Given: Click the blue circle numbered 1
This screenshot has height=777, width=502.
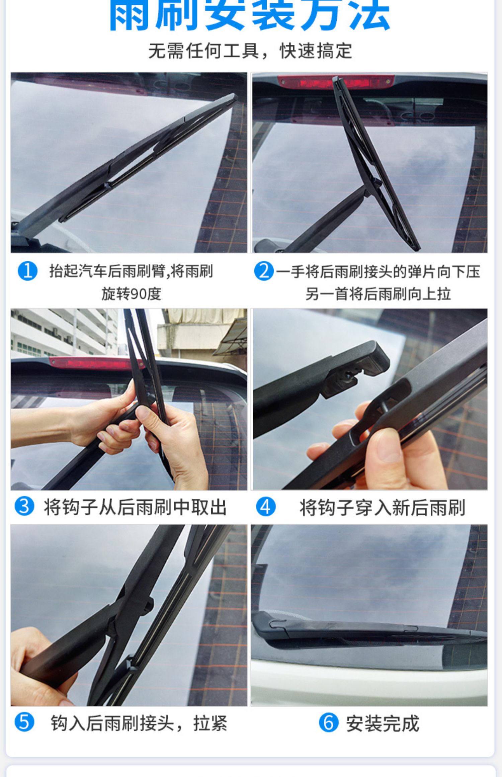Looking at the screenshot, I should click(27, 271).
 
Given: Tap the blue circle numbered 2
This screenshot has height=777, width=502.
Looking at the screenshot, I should click(264, 271).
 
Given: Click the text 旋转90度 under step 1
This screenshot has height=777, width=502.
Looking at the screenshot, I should click(131, 294).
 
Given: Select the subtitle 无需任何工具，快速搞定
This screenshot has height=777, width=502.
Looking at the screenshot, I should click(250, 51).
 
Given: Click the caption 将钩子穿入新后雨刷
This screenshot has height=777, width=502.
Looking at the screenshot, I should click(382, 507).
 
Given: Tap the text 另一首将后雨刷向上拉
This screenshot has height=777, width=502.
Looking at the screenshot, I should click(378, 294).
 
